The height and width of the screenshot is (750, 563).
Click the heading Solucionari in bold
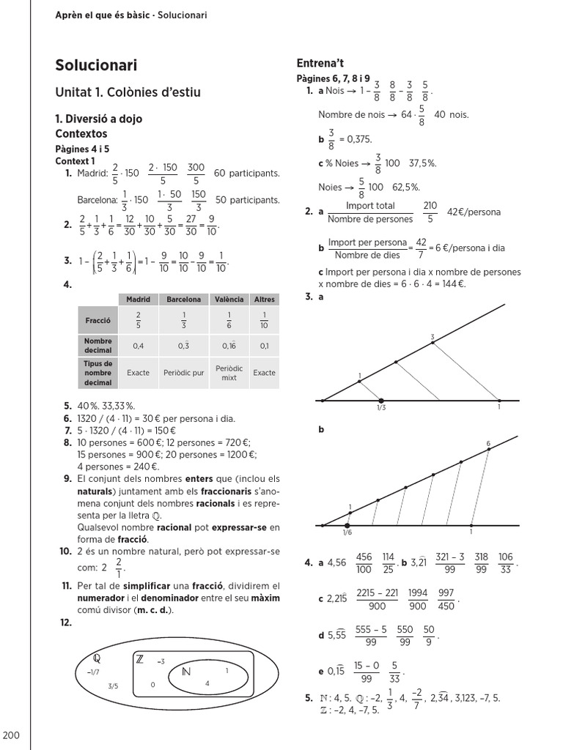pos(96,65)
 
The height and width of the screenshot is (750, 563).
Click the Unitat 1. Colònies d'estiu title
pos(128,92)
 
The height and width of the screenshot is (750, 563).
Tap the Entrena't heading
pos(320,63)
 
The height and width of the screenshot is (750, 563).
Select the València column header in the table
pos(229,300)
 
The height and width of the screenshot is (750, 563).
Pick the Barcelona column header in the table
pos(183,300)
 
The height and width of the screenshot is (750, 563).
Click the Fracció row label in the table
pos(97,321)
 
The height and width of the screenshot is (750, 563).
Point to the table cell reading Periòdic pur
pos(183,373)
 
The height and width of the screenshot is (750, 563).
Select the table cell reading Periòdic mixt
pos(229,373)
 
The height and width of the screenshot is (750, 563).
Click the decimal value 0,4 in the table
pos(138,346)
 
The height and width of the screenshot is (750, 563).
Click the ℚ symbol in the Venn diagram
pos(96,656)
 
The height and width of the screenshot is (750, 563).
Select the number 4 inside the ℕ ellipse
pos(207,683)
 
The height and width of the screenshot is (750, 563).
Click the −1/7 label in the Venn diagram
pos(92,672)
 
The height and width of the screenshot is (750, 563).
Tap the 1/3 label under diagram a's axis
pos(381,408)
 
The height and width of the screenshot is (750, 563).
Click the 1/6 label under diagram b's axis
pos(347,532)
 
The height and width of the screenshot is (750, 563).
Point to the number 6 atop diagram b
pos(488,444)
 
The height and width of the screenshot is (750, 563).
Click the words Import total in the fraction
pos(370,206)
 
